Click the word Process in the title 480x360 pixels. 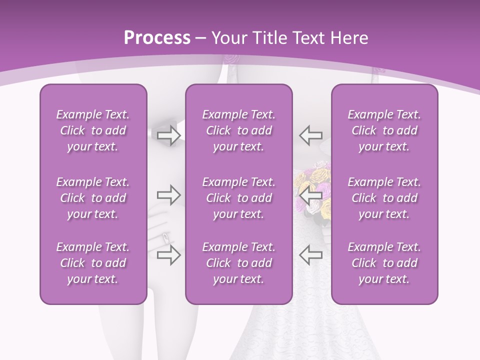click(157, 38)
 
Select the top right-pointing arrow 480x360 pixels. click(168, 135)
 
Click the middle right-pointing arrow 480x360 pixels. click(168, 194)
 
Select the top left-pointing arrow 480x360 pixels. click(310, 135)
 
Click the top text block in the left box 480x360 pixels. click(93, 130)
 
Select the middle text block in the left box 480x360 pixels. click(93, 198)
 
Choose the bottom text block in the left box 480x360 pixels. click(93, 263)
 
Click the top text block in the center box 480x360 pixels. click(239, 130)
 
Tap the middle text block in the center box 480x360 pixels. click(239, 198)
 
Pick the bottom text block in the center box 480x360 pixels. click(239, 263)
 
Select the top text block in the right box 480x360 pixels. click(384, 130)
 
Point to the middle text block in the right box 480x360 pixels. click(384, 198)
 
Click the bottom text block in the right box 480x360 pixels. click(384, 263)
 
